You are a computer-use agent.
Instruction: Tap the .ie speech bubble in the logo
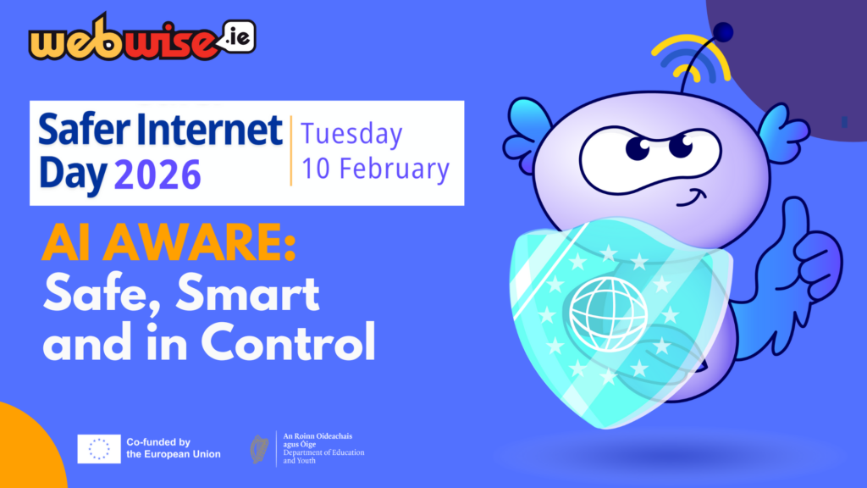[x=238, y=37]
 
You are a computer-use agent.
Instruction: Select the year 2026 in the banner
[x=157, y=175]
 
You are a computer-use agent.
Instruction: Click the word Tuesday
[x=351, y=135]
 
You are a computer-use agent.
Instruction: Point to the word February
[x=395, y=169]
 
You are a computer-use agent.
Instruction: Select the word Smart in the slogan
[x=247, y=294]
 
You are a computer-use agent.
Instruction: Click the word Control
[x=288, y=342]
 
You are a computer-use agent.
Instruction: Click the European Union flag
[x=99, y=449]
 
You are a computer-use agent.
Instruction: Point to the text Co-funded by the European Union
[x=173, y=448]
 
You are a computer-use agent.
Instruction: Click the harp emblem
[x=259, y=449]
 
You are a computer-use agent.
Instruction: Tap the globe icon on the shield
[x=609, y=313]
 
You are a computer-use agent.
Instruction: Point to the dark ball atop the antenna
[x=723, y=31]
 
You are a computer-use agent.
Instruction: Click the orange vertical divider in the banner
[x=291, y=151]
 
